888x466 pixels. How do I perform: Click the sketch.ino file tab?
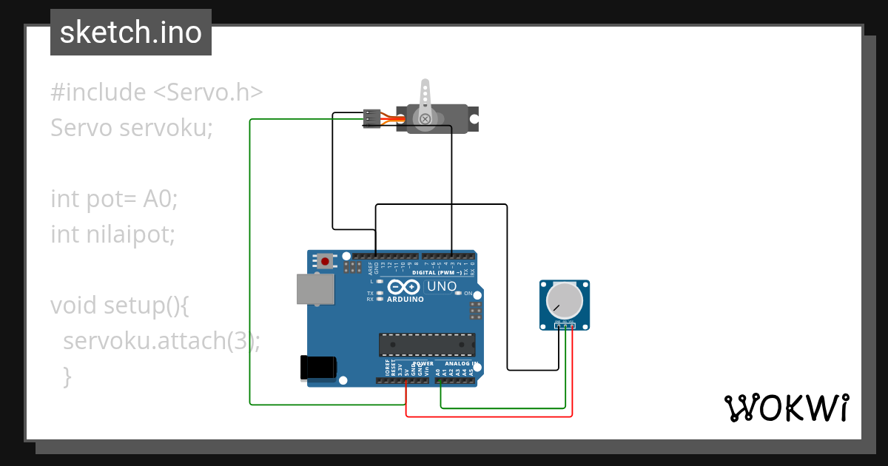tap(131, 33)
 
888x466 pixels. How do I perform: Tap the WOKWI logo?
tap(785, 408)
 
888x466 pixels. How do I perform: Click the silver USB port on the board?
tap(314, 288)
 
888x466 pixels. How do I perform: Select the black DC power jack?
tap(318, 368)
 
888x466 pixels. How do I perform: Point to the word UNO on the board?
tap(443, 286)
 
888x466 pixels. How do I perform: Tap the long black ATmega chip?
tap(426, 345)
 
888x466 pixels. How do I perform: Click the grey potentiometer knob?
tap(564, 300)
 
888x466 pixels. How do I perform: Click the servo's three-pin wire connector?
tap(371, 118)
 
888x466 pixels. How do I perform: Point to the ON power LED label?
tap(468, 294)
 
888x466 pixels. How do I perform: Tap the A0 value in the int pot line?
tap(161, 199)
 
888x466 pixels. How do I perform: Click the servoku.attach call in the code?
tap(144, 341)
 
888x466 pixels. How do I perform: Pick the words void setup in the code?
tap(99, 305)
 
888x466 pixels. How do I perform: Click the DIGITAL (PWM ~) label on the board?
tap(437, 272)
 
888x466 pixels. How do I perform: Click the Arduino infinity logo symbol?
tap(403, 286)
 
